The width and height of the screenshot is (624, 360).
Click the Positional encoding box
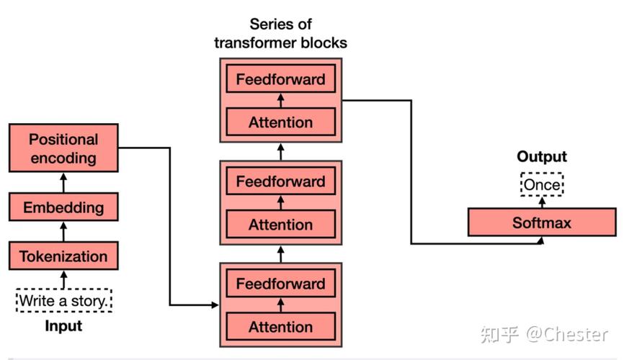point(63,148)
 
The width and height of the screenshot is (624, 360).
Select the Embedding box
point(63,207)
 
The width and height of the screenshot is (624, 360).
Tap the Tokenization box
point(63,256)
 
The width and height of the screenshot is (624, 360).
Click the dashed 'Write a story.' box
point(63,300)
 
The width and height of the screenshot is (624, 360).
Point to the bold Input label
point(63,325)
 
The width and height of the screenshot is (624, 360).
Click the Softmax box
point(542,222)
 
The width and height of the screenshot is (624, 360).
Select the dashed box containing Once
point(542,184)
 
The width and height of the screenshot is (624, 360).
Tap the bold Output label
point(542,156)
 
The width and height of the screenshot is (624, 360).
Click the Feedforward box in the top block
point(281,78)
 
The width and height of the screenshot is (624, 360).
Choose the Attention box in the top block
point(281,122)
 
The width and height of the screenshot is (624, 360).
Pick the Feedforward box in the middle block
point(281,181)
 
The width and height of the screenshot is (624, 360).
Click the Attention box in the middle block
point(281,225)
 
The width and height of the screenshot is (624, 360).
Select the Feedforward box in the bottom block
point(281,283)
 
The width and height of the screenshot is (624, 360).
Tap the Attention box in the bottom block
point(281,327)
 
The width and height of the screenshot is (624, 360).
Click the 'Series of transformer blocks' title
point(280,33)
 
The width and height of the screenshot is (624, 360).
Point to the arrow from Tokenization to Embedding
point(63,232)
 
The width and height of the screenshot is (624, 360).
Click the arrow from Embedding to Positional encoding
point(63,183)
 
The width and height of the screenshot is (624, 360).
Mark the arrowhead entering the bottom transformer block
point(215,305)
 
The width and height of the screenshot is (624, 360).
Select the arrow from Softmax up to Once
point(542,202)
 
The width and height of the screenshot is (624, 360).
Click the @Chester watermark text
point(567,334)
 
